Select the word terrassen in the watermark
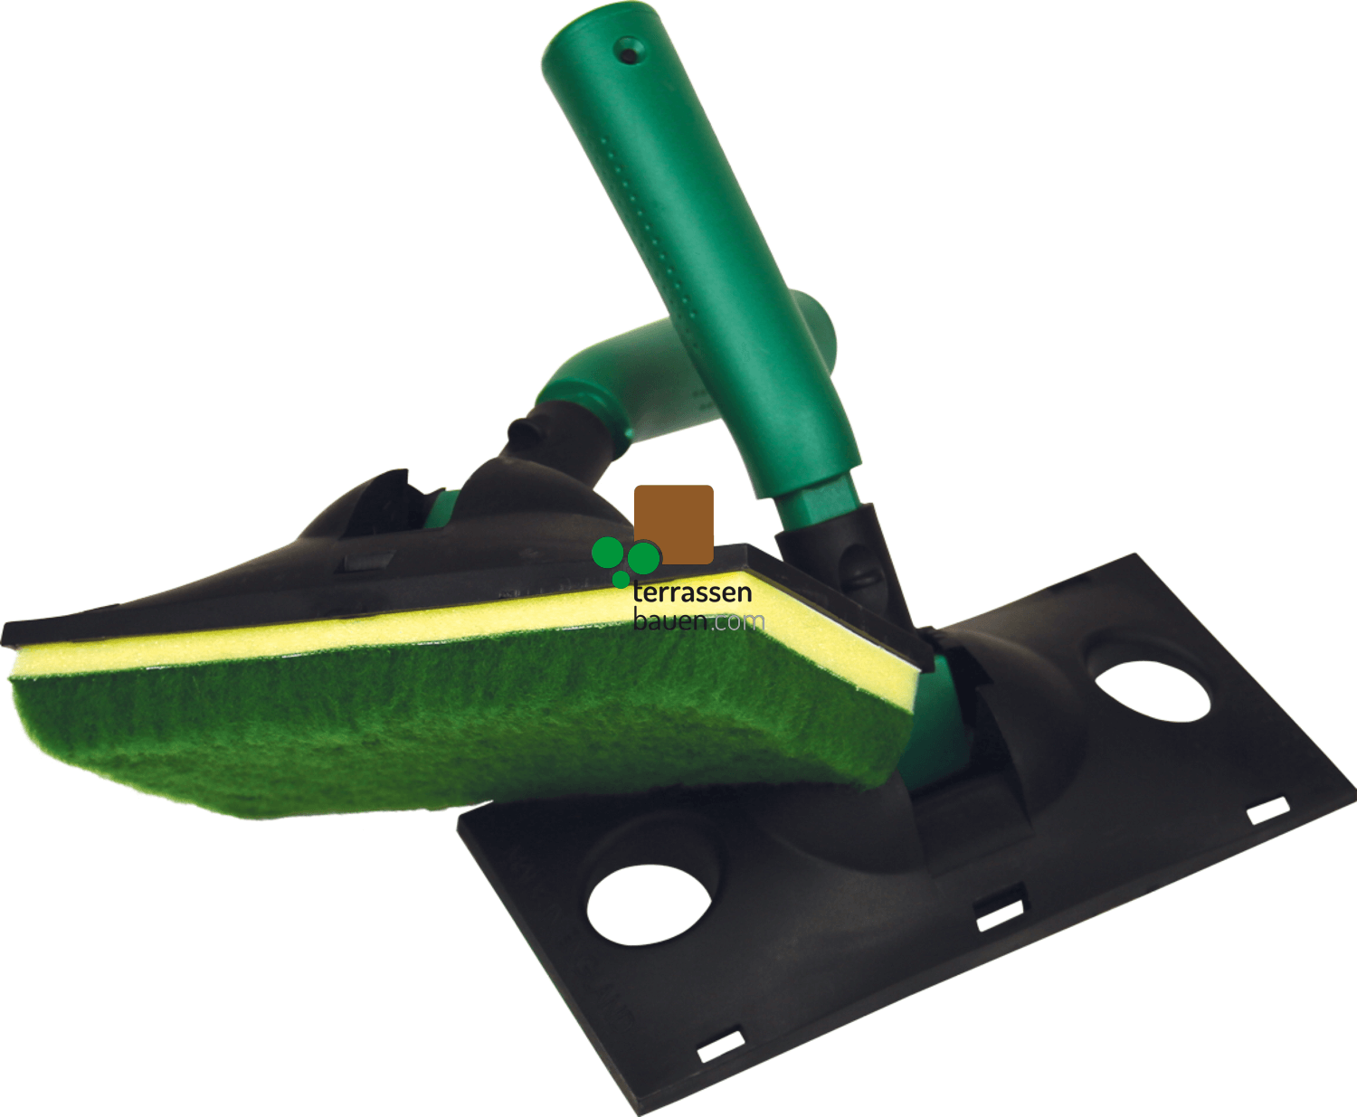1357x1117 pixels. coord(692,593)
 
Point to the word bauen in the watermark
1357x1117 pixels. coord(670,621)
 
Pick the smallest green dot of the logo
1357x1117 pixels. coord(621,579)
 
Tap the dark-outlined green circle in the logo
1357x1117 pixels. coord(644,557)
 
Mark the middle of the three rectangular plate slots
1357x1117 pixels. coord(999,914)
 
